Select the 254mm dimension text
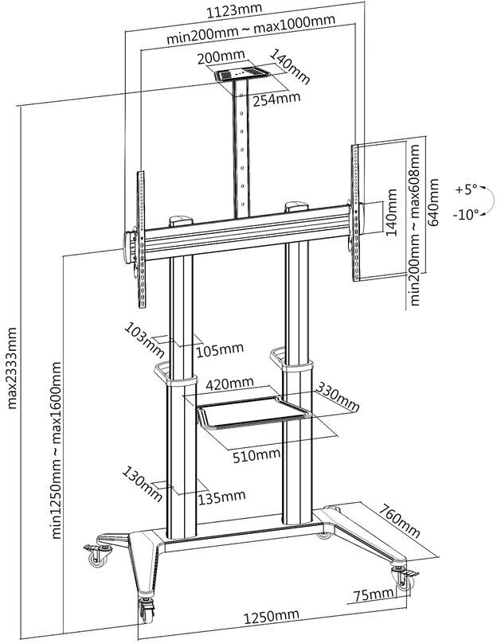pyautogui.click(x=276, y=99)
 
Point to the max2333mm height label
pyautogui.click(x=12, y=368)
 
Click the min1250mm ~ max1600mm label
pyautogui.click(x=57, y=450)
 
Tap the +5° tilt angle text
pyautogui.click(x=466, y=189)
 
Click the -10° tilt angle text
pyautogui.click(x=466, y=214)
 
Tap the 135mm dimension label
pyautogui.click(x=222, y=497)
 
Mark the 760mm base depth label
pyautogui.click(x=399, y=520)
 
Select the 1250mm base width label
pyautogui.click(x=272, y=617)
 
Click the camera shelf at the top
pyautogui.click(x=241, y=74)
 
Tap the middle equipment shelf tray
pyautogui.click(x=252, y=412)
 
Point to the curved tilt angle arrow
pyautogui.click(x=488, y=200)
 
